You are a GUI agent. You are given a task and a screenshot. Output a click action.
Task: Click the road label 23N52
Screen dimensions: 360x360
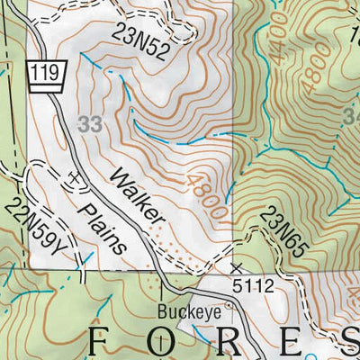click(x=140, y=41)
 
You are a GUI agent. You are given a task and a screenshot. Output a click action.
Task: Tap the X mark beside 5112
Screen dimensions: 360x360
click(x=238, y=268)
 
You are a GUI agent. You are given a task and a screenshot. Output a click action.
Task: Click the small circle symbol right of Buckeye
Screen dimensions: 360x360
click(x=229, y=305)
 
